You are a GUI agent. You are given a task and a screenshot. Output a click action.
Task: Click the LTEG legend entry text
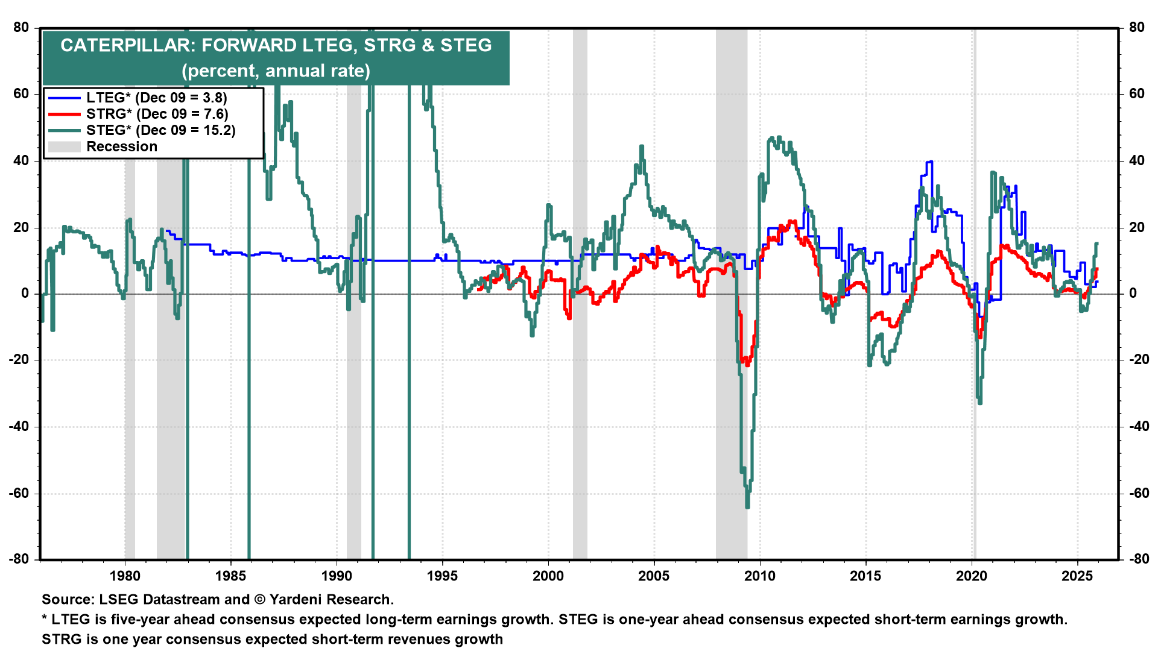point(157,98)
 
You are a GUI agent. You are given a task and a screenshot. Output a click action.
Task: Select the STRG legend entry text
point(157,114)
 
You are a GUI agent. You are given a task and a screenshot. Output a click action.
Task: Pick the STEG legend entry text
point(161,130)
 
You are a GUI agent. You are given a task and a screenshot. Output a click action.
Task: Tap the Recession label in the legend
point(122,146)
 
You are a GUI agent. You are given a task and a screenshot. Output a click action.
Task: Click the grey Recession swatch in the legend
point(64,146)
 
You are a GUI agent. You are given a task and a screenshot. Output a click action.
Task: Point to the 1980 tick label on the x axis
point(125,576)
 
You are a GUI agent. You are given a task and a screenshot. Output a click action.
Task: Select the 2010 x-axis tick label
point(760,576)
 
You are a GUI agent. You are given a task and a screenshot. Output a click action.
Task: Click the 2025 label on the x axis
point(1077,576)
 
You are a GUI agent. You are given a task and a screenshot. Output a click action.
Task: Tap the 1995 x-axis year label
point(443,576)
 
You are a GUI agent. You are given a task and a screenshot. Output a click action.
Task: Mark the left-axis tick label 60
point(21,93)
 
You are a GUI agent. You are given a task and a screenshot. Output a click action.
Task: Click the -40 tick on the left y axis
point(19,427)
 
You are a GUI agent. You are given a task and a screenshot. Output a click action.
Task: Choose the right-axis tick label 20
point(1137,227)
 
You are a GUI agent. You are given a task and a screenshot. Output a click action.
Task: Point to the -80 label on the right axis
point(1139,559)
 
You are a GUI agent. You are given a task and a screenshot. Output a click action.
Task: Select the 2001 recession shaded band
point(580,294)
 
